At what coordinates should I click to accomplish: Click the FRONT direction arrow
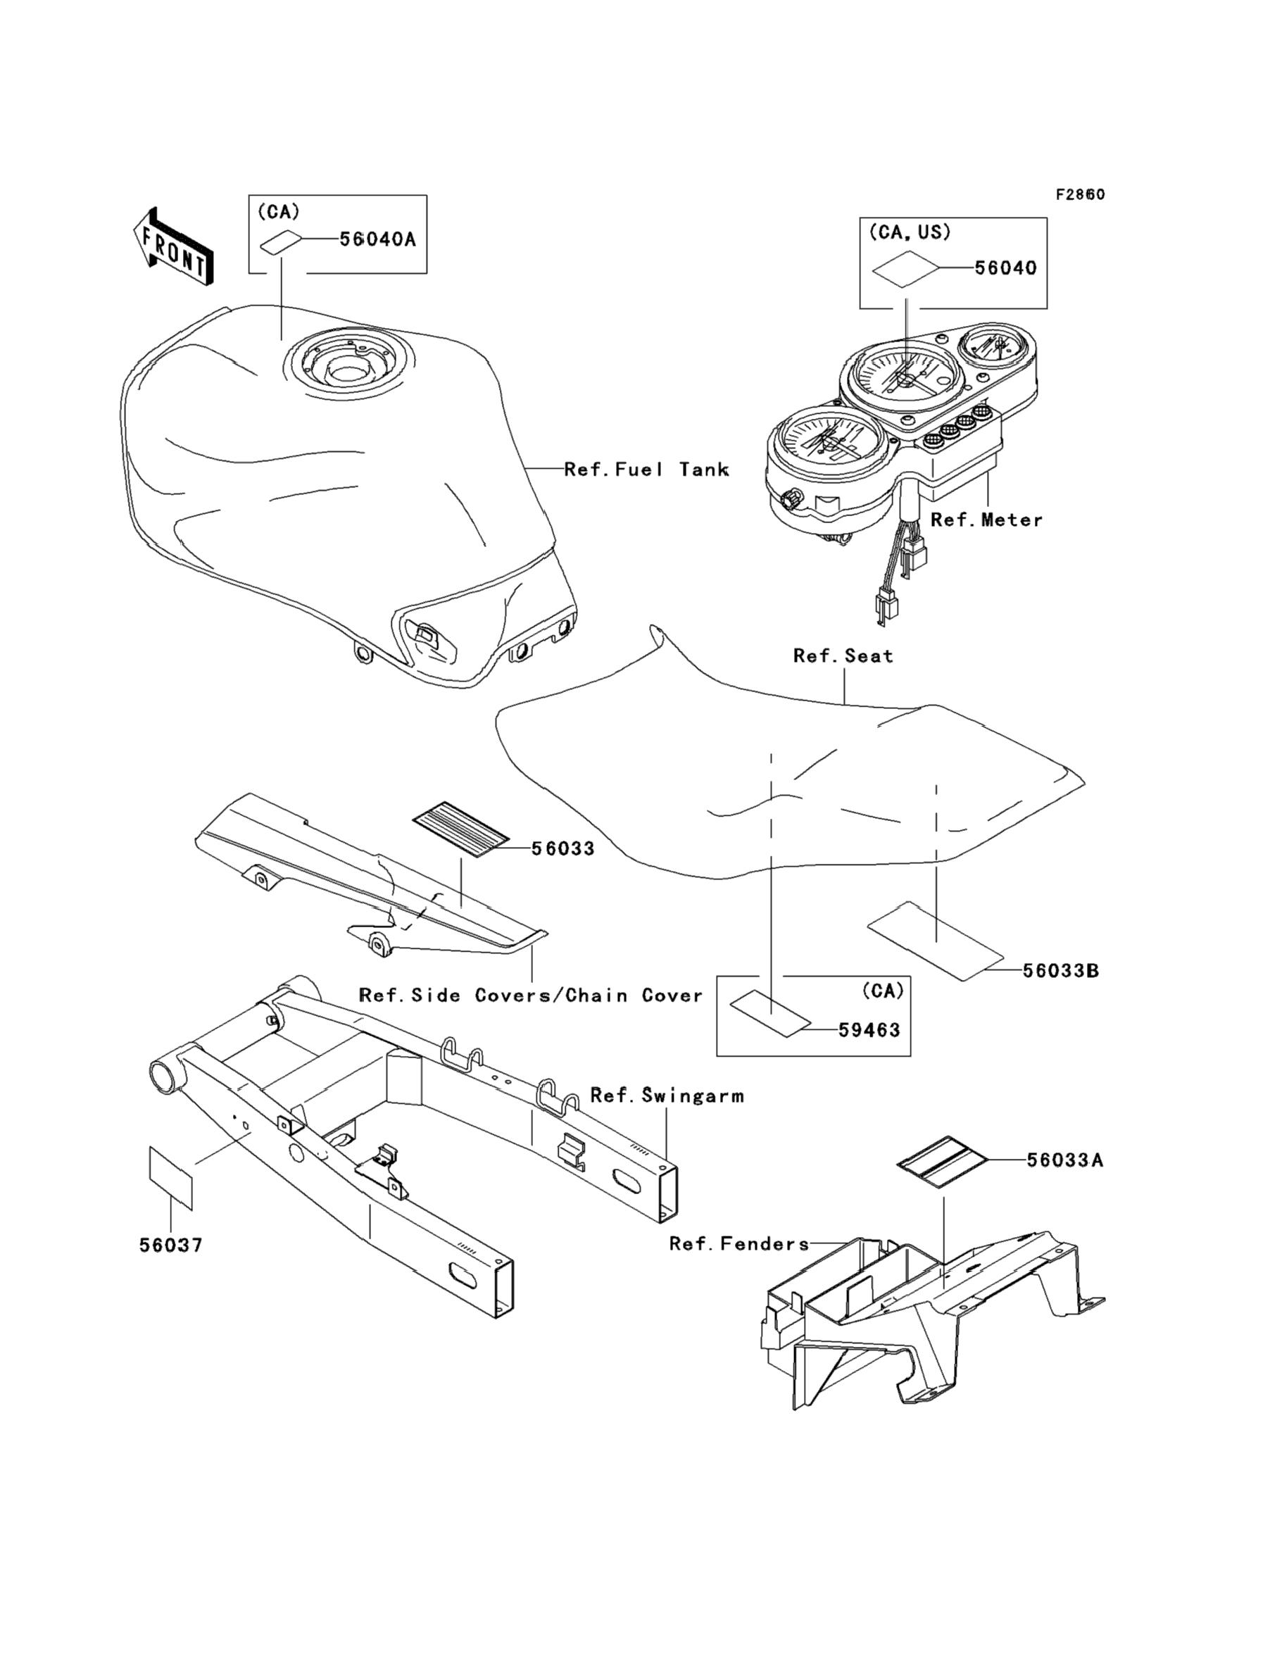[x=173, y=247]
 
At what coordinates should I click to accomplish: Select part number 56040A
[x=377, y=239]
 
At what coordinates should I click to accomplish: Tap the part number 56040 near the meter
[x=1005, y=268]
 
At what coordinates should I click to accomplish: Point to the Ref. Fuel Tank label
[x=646, y=470]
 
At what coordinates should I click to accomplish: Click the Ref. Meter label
[x=986, y=520]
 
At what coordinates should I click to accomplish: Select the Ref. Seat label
[x=843, y=656]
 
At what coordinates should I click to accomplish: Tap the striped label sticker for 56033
[x=461, y=827]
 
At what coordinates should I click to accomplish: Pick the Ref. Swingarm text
[x=667, y=1096]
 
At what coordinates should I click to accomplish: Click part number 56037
[x=171, y=1245]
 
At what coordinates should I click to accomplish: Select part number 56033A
[x=1064, y=1160]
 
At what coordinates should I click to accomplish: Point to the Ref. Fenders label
[x=738, y=1243]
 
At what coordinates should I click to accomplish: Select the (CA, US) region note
[x=910, y=232]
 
